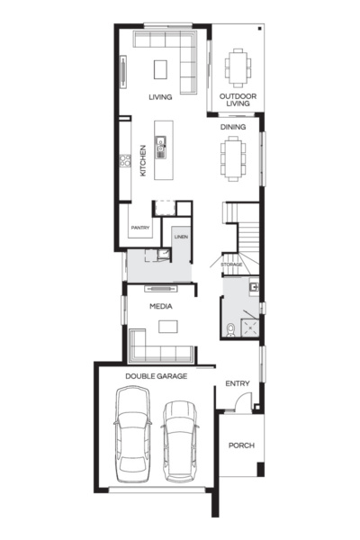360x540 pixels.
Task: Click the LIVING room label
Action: pyautogui.click(x=161, y=97)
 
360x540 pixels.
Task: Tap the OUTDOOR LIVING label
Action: pyautogui.click(x=238, y=100)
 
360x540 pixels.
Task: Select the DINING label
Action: pyautogui.click(x=233, y=127)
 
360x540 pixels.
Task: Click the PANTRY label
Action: pyautogui.click(x=139, y=229)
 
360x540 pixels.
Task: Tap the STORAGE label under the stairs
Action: pyautogui.click(x=232, y=265)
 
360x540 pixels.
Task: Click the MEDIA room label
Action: pyautogui.click(x=162, y=307)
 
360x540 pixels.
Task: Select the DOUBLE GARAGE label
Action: pyautogui.click(x=156, y=376)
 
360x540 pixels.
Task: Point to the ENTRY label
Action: pyautogui.click(x=237, y=384)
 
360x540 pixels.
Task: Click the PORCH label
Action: pyautogui.click(x=240, y=445)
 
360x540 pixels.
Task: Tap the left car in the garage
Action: pyautogui.click(x=133, y=433)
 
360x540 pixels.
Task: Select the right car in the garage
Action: pyautogui.click(x=179, y=440)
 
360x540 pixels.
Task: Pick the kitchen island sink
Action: pyautogui.click(x=161, y=143)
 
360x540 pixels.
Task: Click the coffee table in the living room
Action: pyautogui.click(x=160, y=70)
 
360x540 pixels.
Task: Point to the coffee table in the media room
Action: pyautogui.click(x=164, y=326)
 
